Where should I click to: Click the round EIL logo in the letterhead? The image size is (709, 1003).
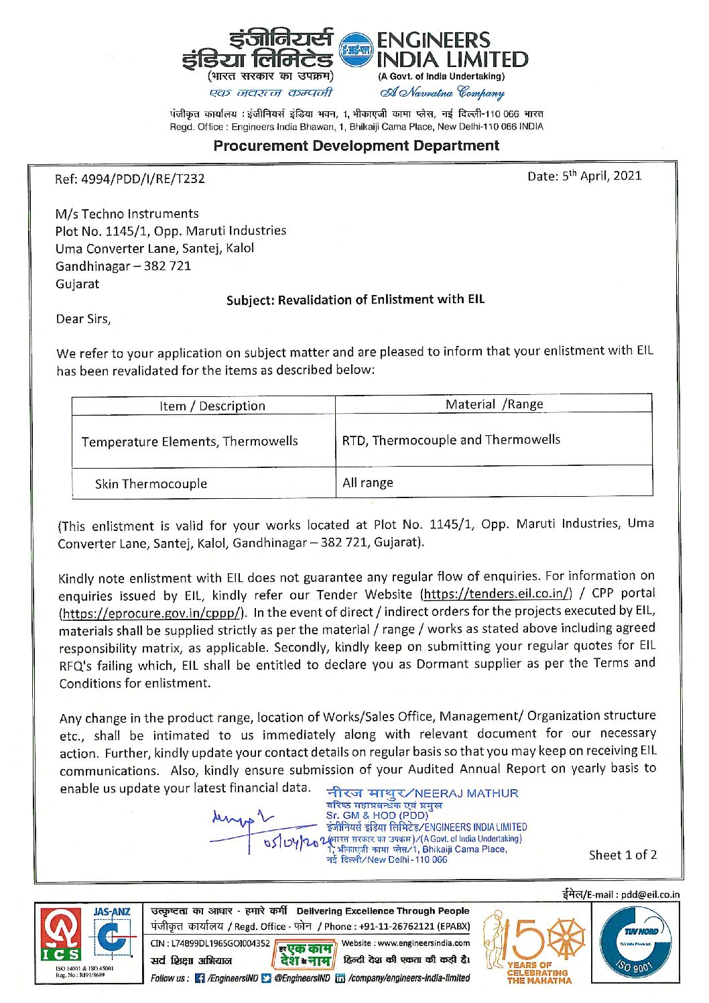click(x=354, y=50)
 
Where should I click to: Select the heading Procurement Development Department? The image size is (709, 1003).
click(x=356, y=145)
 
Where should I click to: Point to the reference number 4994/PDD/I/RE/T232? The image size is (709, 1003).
click(x=130, y=178)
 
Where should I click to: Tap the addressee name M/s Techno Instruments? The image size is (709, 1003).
click(x=127, y=214)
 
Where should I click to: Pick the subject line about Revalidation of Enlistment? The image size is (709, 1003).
click(x=355, y=300)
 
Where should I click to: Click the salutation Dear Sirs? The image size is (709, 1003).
click(x=83, y=319)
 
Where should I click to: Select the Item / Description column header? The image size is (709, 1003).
click(x=212, y=406)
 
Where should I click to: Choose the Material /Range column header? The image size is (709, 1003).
click(x=494, y=404)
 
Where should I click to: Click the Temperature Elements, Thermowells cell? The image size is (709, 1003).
click(x=190, y=441)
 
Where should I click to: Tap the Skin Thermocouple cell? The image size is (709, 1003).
click(x=151, y=483)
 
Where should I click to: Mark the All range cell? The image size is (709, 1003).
click(x=368, y=483)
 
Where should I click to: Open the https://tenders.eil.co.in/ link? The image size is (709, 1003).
click(x=496, y=593)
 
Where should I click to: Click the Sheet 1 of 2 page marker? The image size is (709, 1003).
click(x=623, y=855)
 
